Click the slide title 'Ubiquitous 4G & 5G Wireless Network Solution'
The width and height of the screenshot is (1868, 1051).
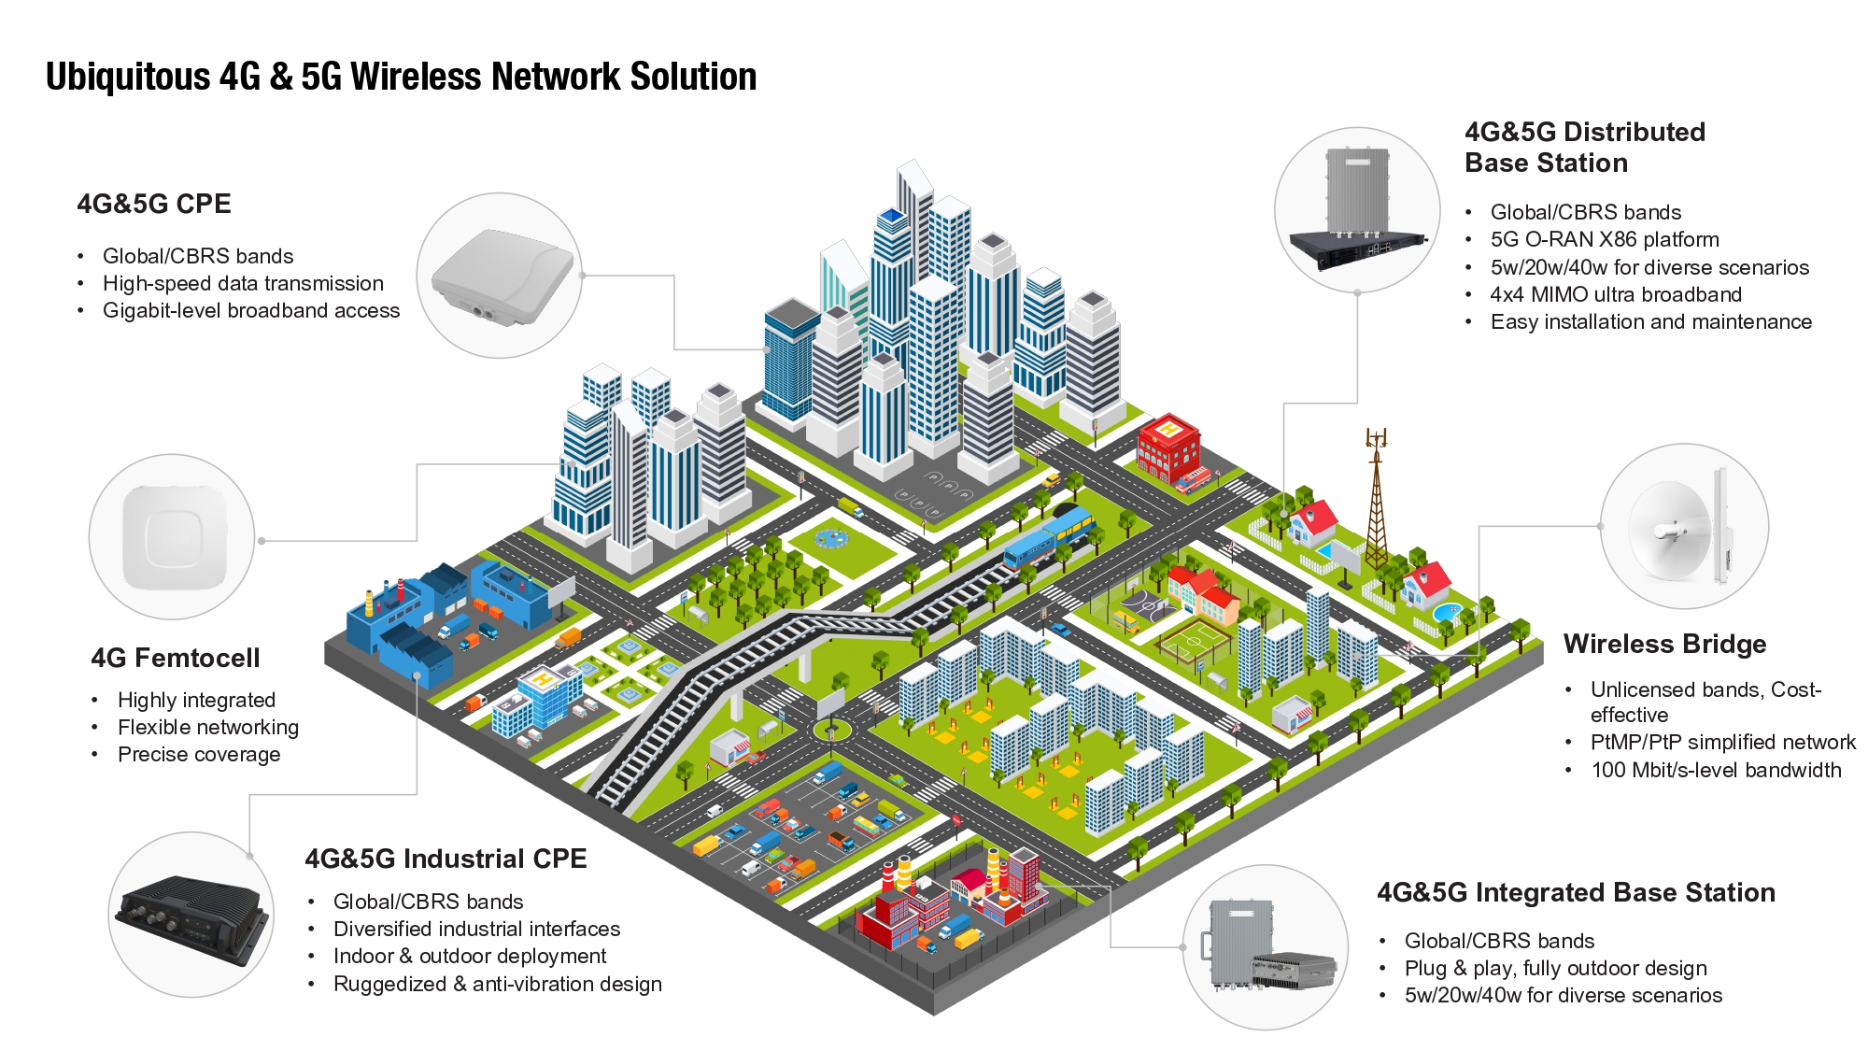coord(401,77)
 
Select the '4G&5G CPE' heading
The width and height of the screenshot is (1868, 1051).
coord(154,204)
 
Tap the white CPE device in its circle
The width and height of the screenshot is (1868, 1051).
coord(501,277)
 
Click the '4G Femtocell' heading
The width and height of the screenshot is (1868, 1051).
coord(176,658)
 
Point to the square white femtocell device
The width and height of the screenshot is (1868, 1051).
coord(173,537)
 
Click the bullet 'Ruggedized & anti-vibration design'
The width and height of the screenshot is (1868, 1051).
coord(497,984)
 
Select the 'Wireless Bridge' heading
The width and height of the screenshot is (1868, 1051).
coord(1664,644)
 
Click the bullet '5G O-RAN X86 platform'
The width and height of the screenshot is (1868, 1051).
coord(1604,239)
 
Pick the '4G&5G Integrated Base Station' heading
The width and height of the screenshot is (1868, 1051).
coord(1576,892)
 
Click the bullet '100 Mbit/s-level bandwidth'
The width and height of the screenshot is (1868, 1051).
coord(1716,770)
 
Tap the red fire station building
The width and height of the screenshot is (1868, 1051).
coord(1168,449)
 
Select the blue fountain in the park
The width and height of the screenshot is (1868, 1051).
coord(828,539)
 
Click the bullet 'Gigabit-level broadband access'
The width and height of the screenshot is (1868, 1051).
coord(250,310)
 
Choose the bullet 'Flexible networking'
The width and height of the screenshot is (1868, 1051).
coord(207,727)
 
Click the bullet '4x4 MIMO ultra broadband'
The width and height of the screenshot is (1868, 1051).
coord(1615,294)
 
